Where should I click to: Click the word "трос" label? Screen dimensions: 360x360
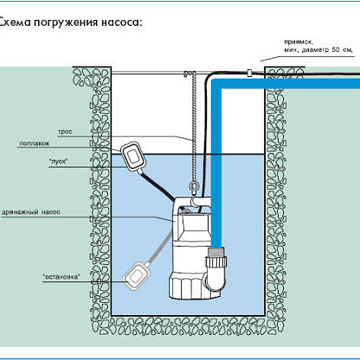click(x=65, y=132)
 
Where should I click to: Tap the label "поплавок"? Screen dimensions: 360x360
click(x=35, y=144)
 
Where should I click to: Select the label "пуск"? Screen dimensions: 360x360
click(x=58, y=162)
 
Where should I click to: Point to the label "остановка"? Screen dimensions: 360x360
click(x=61, y=277)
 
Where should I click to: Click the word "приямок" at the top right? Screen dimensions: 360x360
click(x=299, y=42)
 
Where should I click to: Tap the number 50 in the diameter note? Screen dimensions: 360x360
click(x=336, y=49)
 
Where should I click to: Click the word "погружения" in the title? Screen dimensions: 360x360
click(x=66, y=22)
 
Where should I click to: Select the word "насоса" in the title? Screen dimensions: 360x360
click(x=122, y=22)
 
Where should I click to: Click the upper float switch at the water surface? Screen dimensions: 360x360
click(x=132, y=156)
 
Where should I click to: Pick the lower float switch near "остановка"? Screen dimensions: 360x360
click(x=135, y=277)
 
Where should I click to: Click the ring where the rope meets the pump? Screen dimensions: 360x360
click(x=193, y=186)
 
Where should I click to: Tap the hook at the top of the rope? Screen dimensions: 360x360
click(x=186, y=74)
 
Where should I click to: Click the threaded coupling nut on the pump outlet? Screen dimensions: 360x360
click(x=216, y=262)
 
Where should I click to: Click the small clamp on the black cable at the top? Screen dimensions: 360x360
click(x=249, y=73)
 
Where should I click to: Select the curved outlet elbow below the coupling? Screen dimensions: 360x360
click(x=215, y=279)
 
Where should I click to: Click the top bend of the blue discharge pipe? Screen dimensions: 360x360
click(x=218, y=85)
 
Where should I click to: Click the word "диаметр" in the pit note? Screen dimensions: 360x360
click(x=315, y=50)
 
